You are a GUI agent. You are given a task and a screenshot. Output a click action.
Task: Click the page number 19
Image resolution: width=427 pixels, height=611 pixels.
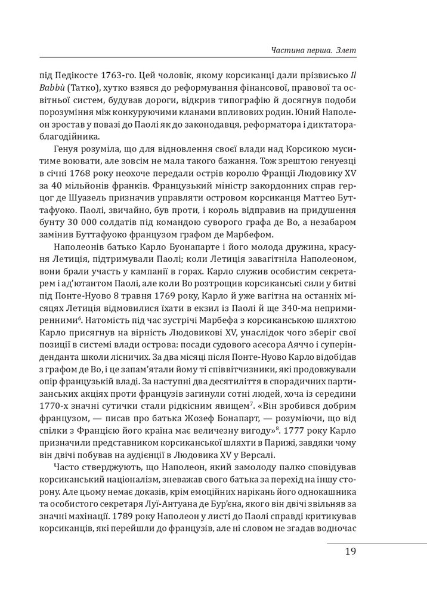(x=350, y=551)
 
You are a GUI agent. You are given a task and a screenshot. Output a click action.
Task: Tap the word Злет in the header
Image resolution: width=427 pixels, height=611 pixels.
(x=346, y=50)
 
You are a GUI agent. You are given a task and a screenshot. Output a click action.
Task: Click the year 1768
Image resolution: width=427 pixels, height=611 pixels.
(x=112, y=177)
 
